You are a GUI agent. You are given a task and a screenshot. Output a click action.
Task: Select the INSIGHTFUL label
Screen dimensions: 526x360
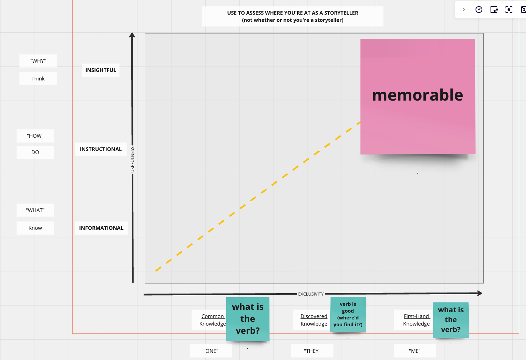[x=101, y=70]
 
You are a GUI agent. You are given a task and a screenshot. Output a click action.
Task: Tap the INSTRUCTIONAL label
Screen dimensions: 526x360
[x=101, y=149]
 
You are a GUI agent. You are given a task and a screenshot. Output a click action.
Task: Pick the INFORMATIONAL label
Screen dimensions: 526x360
[x=101, y=228]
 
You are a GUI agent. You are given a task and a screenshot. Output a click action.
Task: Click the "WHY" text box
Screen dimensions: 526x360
[x=38, y=61]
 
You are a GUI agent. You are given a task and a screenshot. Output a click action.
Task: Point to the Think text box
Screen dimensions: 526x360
[x=38, y=79]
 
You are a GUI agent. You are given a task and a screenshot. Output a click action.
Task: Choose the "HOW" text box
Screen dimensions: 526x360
[x=35, y=136]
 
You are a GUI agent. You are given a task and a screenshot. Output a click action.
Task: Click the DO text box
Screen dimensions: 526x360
[x=35, y=152]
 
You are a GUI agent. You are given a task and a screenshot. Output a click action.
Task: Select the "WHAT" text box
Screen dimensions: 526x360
[x=35, y=210]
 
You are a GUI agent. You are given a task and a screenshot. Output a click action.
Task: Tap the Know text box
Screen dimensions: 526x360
[x=35, y=228]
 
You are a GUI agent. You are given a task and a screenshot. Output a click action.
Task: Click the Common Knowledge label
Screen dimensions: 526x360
[x=212, y=320]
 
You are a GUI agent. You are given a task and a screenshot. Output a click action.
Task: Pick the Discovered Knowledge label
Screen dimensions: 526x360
[x=313, y=320]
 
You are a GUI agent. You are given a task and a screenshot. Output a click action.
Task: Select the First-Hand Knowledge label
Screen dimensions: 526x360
[x=416, y=320]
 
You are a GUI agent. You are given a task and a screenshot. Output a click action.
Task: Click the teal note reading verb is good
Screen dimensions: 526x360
[x=348, y=314]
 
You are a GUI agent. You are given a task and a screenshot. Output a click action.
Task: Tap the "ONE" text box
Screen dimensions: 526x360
[x=211, y=351]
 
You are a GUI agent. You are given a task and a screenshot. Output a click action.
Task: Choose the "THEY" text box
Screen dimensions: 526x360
[x=312, y=351]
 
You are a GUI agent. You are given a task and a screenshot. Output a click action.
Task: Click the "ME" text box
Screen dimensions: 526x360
[x=414, y=351]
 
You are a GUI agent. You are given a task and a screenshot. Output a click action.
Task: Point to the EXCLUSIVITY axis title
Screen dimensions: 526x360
[x=311, y=294]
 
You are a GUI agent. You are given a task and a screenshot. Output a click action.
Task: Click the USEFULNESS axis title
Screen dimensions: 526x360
[x=133, y=159]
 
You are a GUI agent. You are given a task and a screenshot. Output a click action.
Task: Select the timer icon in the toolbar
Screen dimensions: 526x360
[x=479, y=10]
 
